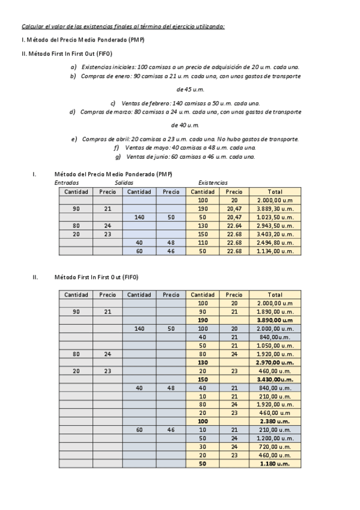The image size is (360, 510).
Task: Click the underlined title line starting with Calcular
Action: pyautogui.click(x=123, y=26)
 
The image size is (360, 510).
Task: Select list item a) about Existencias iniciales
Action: pyautogui.click(x=185, y=67)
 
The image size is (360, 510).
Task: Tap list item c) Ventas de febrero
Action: pyautogui.click(x=185, y=103)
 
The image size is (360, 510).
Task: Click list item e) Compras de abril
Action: pyautogui.click(x=185, y=139)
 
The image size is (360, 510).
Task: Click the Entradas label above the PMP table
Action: pyautogui.click(x=66, y=183)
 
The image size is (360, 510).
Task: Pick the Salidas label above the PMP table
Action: pyautogui.click(x=123, y=183)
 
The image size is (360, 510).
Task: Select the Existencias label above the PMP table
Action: pyautogui.click(x=213, y=183)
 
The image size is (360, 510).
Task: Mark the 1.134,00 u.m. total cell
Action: pyautogui.click(x=275, y=251)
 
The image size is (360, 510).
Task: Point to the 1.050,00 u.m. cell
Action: pyautogui.click(x=275, y=346)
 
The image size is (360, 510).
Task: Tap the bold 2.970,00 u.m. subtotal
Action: pyautogui.click(x=275, y=363)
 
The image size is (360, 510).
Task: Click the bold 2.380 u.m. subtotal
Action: pyautogui.click(x=275, y=422)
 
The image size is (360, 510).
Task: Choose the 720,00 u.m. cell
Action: pyautogui.click(x=275, y=447)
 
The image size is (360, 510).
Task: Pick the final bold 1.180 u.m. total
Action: pyautogui.click(x=275, y=464)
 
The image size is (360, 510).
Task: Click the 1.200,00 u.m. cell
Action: pyautogui.click(x=275, y=438)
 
